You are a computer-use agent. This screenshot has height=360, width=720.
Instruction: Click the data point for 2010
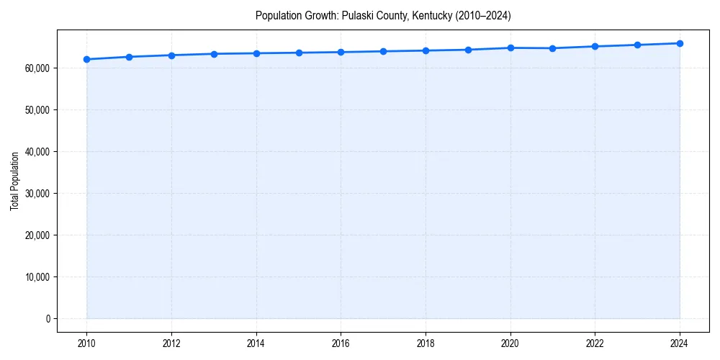pos(86,59)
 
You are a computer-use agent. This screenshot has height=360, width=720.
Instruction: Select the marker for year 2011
pos(129,57)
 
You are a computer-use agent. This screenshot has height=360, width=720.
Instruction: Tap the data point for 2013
pos(214,54)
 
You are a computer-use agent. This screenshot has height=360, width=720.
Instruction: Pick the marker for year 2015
pos(299,53)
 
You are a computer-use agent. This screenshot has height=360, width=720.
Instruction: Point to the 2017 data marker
pos(383,51)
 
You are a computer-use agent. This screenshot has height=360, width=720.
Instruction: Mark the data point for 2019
pos(468,50)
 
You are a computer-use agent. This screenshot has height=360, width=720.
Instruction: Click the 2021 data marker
pos(552,48)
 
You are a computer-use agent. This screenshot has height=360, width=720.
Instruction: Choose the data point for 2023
pos(637,45)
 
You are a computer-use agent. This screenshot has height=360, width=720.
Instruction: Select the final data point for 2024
pos(680,43)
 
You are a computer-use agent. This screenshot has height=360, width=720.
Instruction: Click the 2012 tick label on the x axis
pos(171,343)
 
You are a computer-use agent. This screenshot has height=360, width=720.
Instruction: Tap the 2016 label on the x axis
pos(341,343)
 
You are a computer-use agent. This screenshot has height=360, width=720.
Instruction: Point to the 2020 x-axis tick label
pos(510,343)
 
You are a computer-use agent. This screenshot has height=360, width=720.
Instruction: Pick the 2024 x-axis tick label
pos(680,343)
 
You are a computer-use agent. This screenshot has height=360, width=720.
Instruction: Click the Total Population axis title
pos(14,181)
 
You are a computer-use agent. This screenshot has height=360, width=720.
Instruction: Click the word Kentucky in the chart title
pos(428,16)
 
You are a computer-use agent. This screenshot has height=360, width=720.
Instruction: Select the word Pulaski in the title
pos(357,16)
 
